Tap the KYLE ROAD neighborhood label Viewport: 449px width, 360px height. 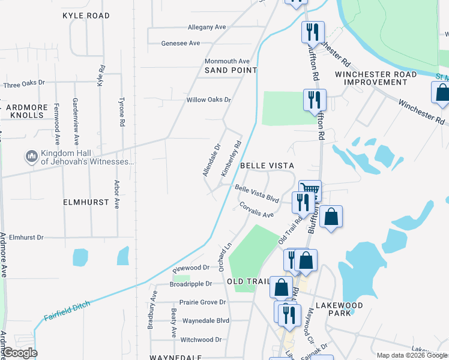click(86, 15)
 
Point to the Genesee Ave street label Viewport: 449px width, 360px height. click(181, 43)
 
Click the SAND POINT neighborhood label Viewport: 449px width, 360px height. click(231, 70)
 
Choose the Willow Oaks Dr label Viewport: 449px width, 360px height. click(209, 100)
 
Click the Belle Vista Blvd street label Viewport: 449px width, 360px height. click(258, 193)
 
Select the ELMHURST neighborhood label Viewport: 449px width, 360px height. click(86, 203)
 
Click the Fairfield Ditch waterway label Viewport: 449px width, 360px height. click(67, 310)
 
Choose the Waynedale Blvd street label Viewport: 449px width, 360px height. click(206, 320)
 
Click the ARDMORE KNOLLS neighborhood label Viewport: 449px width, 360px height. click(25, 110)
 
